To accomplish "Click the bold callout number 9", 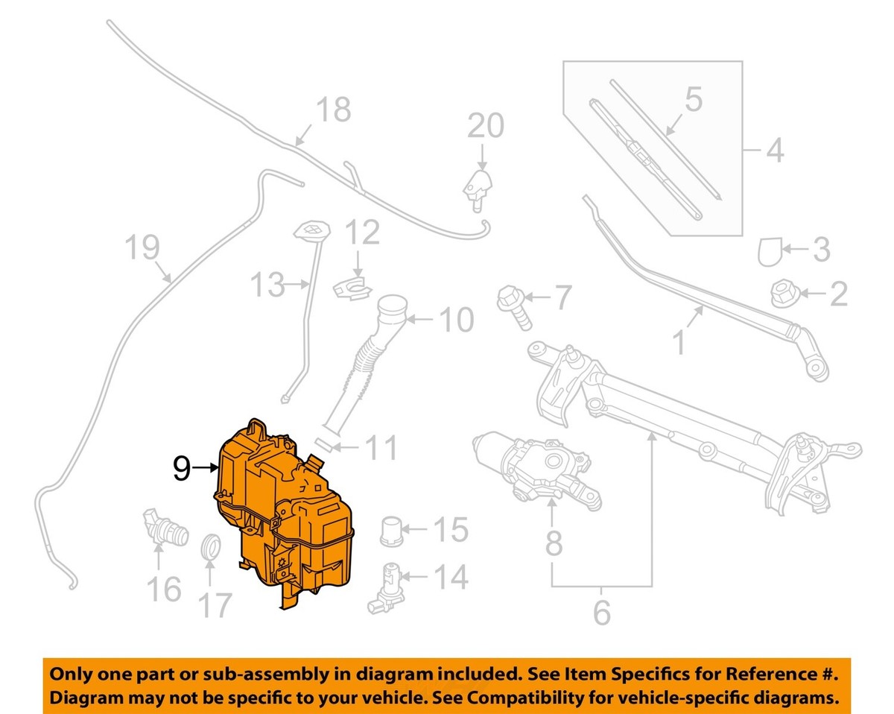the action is (182, 468).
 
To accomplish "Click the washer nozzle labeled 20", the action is (478, 185).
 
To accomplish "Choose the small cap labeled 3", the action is (772, 251).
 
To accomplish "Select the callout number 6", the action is (600, 613).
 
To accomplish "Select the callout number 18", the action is (332, 111).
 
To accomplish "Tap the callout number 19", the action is (142, 247).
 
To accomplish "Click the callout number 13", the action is (266, 284).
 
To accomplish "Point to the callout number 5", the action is (693, 101).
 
